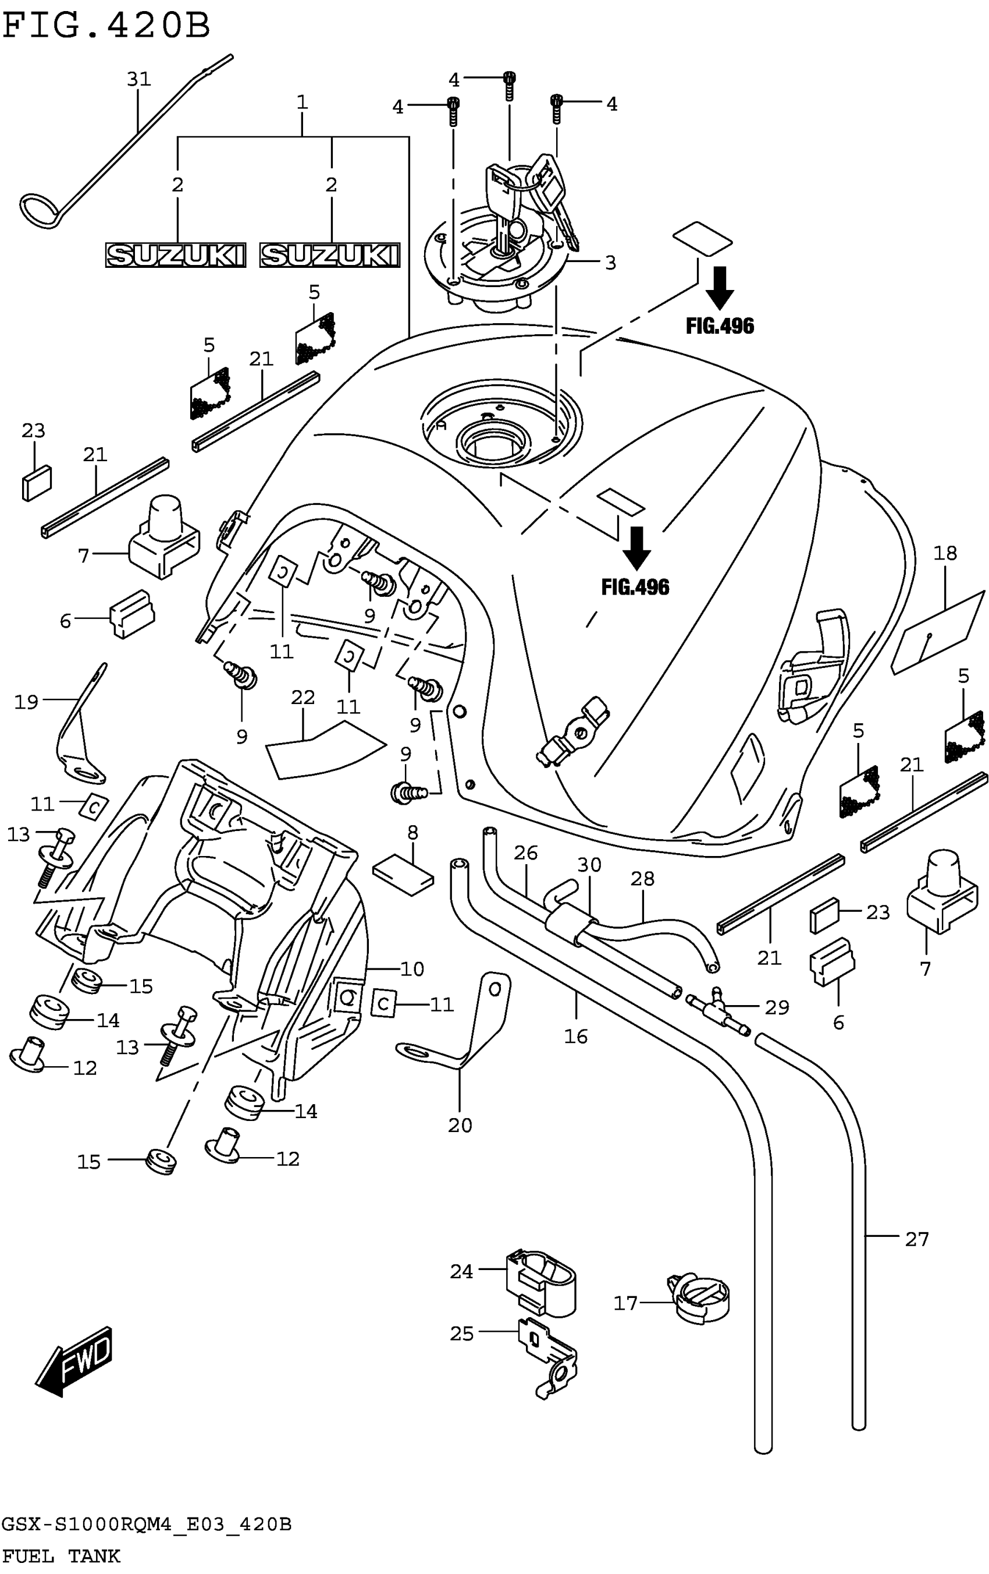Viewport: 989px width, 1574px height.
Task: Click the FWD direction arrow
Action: pyautogui.click(x=75, y=1361)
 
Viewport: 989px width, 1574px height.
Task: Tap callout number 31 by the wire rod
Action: pyautogui.click(x=138, y=80)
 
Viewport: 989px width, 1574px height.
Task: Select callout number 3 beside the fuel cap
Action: pyautogui.click(x=610, y=263)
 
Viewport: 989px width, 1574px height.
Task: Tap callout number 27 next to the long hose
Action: pyautogui.click(x=916, y=1239)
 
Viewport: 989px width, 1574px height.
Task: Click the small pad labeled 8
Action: pyautogui.click(x=403, y=874)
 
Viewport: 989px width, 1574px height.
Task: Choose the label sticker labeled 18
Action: pyautogui.click(x=937, y=631)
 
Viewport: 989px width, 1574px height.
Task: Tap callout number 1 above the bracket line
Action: pyautogui.click(x=302, y=102)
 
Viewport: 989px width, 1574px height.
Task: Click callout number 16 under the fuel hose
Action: pyautogui.click(x=575, y=1036)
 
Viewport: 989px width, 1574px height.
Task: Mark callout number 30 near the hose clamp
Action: pyautogui.click(x=589, y=865)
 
